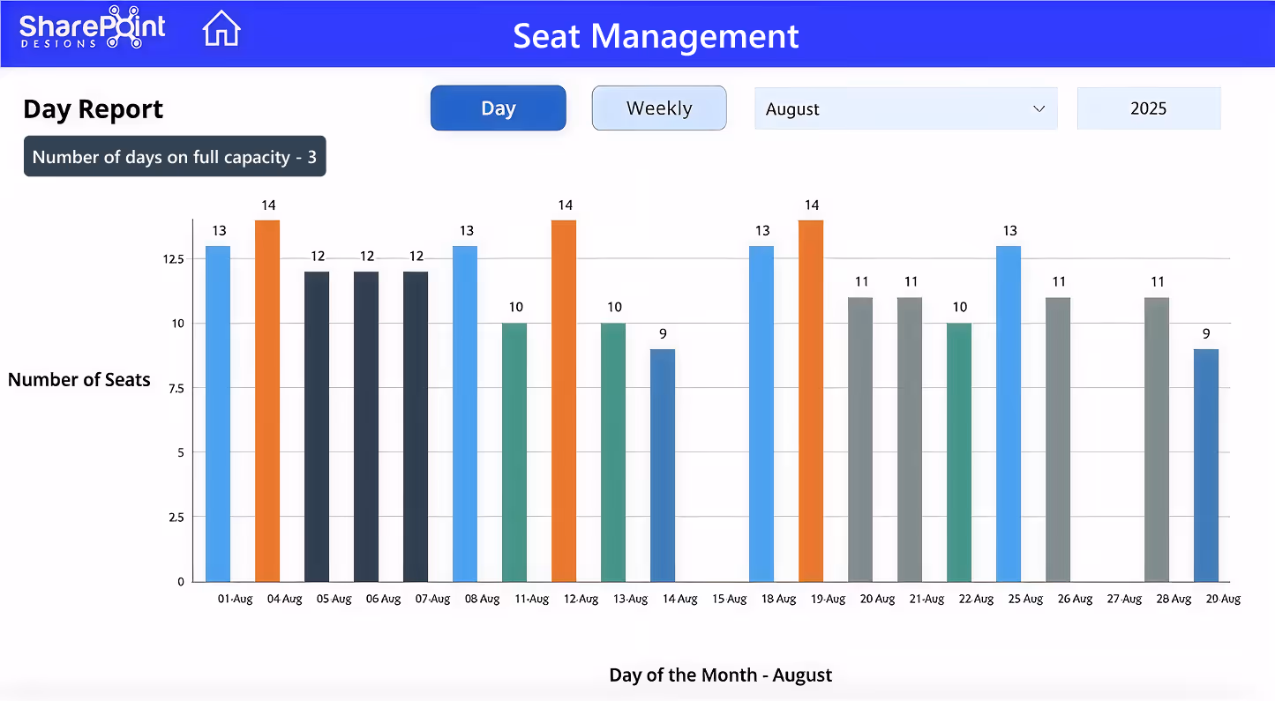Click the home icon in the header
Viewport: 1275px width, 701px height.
coord(221,28)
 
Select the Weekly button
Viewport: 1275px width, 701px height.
coord(659,108)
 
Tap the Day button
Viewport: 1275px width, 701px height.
coord(498,108)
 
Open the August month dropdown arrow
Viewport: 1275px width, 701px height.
coord(1039,109)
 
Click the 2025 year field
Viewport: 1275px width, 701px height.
coord(1148,108)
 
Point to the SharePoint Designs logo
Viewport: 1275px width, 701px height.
coord(92,28)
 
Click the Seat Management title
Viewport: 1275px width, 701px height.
coord(656,36)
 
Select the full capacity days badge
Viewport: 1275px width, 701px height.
coord(175,157)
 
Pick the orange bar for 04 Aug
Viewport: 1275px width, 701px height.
coord(267,400)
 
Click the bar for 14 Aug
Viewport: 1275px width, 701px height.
coord(663,465)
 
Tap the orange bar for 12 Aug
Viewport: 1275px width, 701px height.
coord(564,400)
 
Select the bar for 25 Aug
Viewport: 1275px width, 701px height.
coord(1009,414)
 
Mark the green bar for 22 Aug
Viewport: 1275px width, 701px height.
coord(959,452)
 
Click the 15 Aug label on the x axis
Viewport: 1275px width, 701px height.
coord(729,600)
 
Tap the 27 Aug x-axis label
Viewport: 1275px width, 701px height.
coord(1124,600)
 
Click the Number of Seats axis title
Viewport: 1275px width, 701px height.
coord(79,380)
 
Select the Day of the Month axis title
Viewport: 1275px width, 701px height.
coord(720,675)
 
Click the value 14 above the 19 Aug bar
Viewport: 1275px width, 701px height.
coord(812,206)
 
